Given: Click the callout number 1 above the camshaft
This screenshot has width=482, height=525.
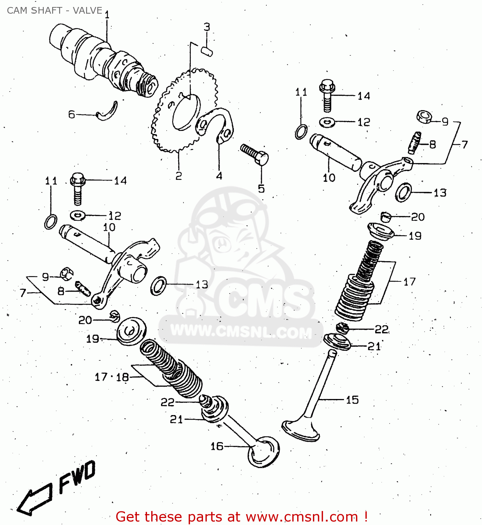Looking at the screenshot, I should [107, 15].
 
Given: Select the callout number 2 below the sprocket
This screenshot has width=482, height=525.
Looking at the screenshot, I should [179, 176].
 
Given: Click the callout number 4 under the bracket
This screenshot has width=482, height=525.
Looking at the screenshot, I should [219, 176].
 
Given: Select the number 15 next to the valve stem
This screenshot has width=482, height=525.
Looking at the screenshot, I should [352, 400].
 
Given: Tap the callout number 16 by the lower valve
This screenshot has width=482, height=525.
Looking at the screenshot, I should [217, 446].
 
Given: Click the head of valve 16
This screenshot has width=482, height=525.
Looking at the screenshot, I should [263, 452].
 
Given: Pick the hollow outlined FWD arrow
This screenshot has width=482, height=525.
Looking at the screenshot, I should [35, 498].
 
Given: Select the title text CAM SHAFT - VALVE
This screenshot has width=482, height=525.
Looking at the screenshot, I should [55, 10].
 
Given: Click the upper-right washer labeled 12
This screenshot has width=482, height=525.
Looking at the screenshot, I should [327, 122].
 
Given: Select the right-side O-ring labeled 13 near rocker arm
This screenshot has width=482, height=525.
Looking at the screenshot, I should [404, 192].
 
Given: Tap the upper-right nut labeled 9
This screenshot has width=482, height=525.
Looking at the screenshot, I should [424, 117].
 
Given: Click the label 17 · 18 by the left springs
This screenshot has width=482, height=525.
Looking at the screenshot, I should [112, 377].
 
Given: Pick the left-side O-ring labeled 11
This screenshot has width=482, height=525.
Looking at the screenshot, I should [51, 222].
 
